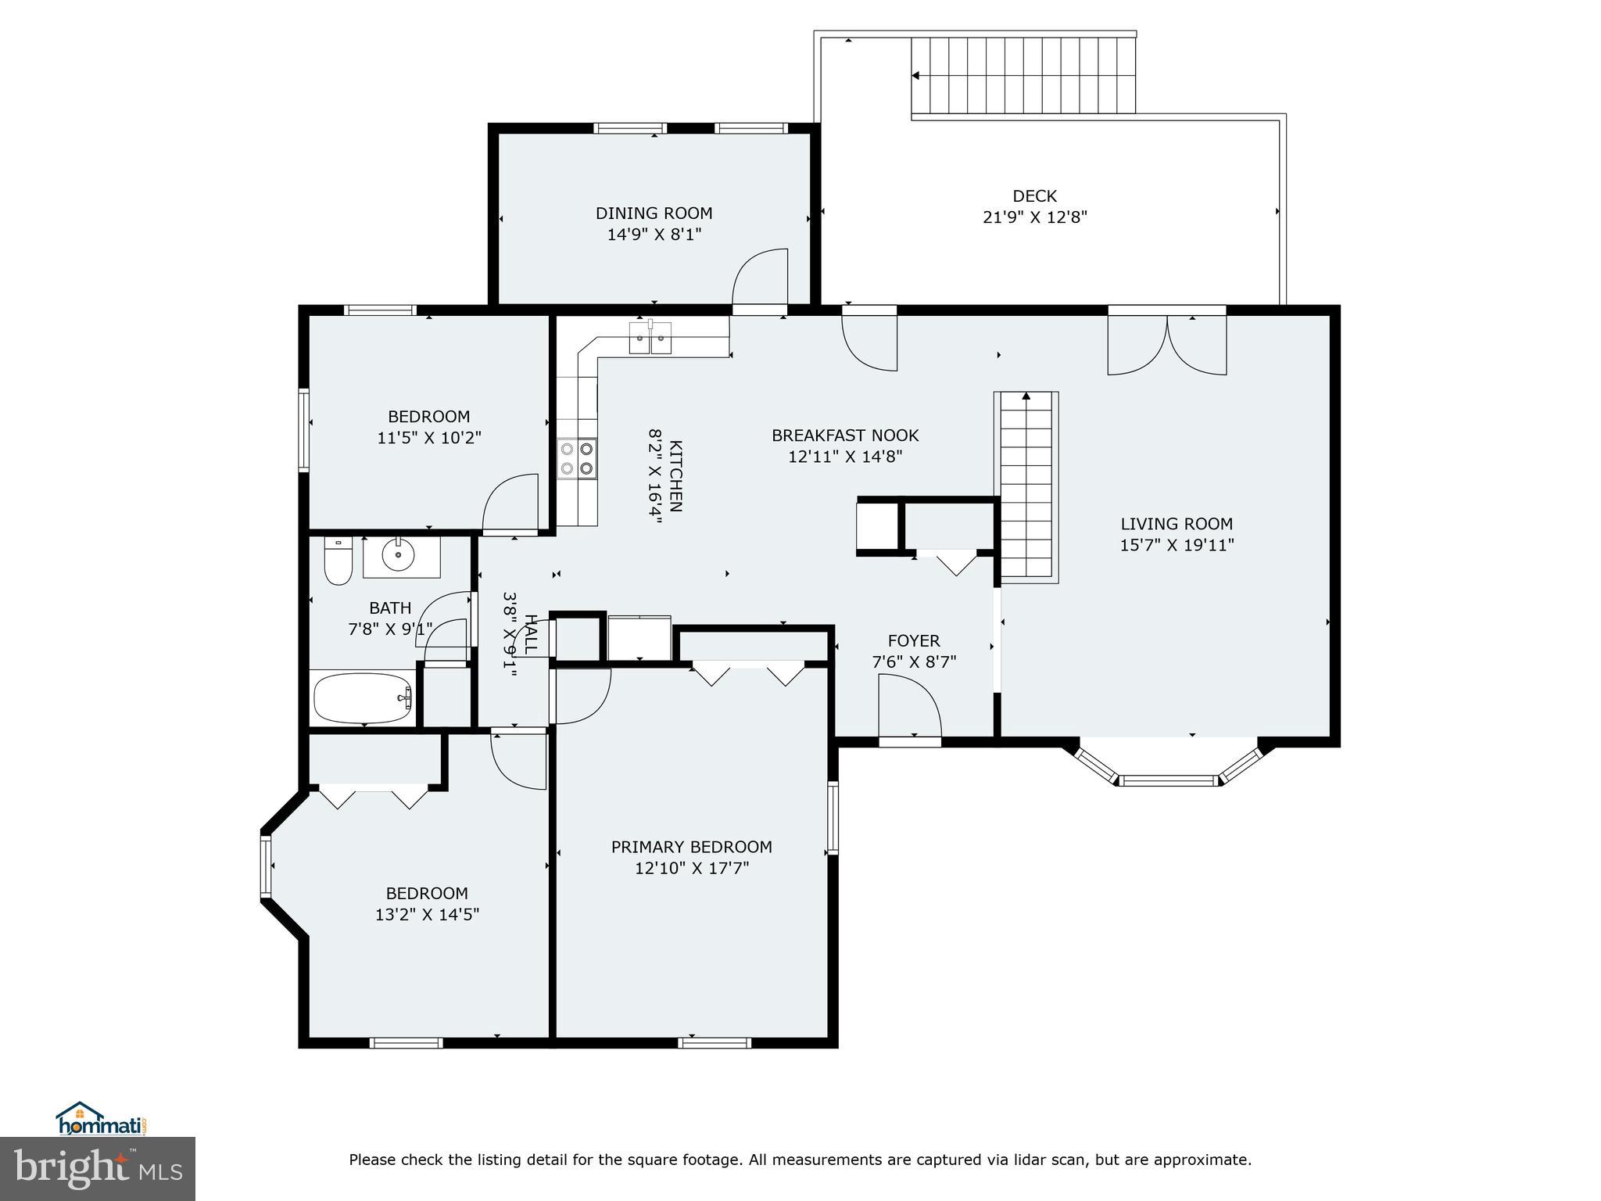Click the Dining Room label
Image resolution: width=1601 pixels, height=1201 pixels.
click(x=654, y=213)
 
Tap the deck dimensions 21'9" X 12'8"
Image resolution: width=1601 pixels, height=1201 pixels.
click(x=1034, y=217)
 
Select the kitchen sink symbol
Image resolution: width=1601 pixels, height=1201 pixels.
click(x=650, y=339)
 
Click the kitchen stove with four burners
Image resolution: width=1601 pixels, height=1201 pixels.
click(x=578, y=458)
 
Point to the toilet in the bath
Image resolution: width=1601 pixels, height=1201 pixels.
click(x=338, y=561)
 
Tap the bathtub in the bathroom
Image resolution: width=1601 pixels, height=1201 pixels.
click(x=362, y=698)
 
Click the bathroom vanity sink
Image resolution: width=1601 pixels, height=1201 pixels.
click(x=400, y=555)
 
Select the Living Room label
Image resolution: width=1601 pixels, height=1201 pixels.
click(x=1176, y=524)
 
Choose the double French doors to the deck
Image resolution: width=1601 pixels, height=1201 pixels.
click(x=1166, y=344)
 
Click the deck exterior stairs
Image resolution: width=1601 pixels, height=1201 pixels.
click(x=1023, y=76)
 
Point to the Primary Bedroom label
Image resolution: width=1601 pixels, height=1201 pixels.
click(x=691, y=847)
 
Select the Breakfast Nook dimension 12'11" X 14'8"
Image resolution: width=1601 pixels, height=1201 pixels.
click(x=844, y=457)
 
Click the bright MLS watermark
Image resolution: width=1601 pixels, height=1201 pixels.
click(x=97, y=1169)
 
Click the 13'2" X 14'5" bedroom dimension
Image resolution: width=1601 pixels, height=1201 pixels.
click(x=427, y=914)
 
